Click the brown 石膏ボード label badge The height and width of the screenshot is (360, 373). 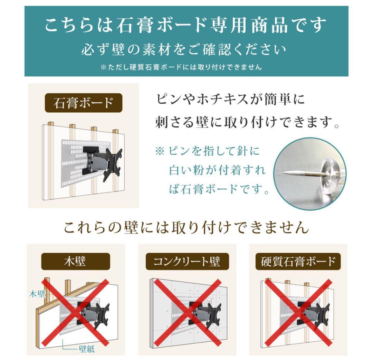pyautogui.click(x=83, y=103)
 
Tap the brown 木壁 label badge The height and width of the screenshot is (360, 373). pyautogui.click(x=76, y=262)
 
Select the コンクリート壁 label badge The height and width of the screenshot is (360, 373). pyautogui.click(x=187, y=262)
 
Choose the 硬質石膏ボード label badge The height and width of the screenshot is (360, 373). pyautogui.click(x=298, y=262)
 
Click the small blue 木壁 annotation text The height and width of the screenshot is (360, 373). pyautogui.click(x=37, y=294)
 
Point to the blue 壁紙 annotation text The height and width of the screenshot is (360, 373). pyautogui.click(x=85, y=348)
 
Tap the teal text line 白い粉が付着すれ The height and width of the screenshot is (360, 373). pyautogui.click(x=217, y=171)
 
